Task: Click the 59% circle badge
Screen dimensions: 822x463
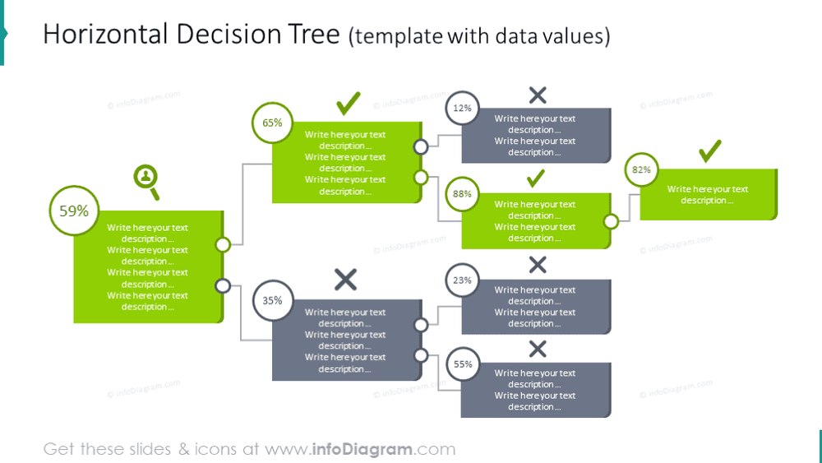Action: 74,211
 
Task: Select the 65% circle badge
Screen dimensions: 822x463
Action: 272,123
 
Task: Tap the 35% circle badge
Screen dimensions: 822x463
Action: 273,300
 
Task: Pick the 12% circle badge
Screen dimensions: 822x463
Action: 462,108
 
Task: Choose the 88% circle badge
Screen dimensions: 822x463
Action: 462,193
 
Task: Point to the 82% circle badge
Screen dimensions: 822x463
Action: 641,169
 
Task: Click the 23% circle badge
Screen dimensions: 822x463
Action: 462,280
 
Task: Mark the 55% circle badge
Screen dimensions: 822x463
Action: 463,363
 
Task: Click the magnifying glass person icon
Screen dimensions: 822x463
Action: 146,180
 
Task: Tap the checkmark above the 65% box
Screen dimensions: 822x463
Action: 348,104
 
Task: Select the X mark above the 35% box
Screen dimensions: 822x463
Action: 345,280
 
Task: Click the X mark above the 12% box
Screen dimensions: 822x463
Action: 538,95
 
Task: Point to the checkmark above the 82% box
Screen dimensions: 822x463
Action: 710,151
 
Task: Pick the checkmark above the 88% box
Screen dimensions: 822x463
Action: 535,178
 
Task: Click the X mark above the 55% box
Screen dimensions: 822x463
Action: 538,349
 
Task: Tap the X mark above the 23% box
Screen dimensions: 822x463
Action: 538,265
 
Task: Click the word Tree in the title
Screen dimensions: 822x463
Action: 316,35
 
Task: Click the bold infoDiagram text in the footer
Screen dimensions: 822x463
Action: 362,449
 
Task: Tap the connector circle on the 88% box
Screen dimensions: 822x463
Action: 611,221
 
